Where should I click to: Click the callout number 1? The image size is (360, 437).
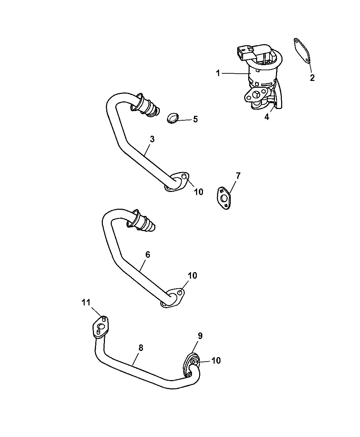(218, 73)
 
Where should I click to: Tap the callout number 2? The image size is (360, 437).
(312, 78)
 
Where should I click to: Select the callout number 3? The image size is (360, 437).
(152, 139)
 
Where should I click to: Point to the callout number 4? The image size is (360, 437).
(267, 117)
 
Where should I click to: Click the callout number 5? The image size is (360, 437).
(195, 119)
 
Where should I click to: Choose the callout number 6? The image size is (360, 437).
(148, 255)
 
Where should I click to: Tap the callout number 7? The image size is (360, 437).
(238, 176)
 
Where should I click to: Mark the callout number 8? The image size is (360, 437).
(141, 348)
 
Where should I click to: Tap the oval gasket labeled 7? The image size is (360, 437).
(224, 198)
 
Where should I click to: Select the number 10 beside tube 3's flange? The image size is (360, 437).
(199, 192)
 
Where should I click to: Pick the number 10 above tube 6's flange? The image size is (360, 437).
(192, 276)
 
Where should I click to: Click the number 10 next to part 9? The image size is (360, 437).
(216, 361)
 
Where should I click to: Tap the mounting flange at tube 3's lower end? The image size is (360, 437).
(177, 182)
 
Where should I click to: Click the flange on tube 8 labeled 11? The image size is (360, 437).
(101, 330)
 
